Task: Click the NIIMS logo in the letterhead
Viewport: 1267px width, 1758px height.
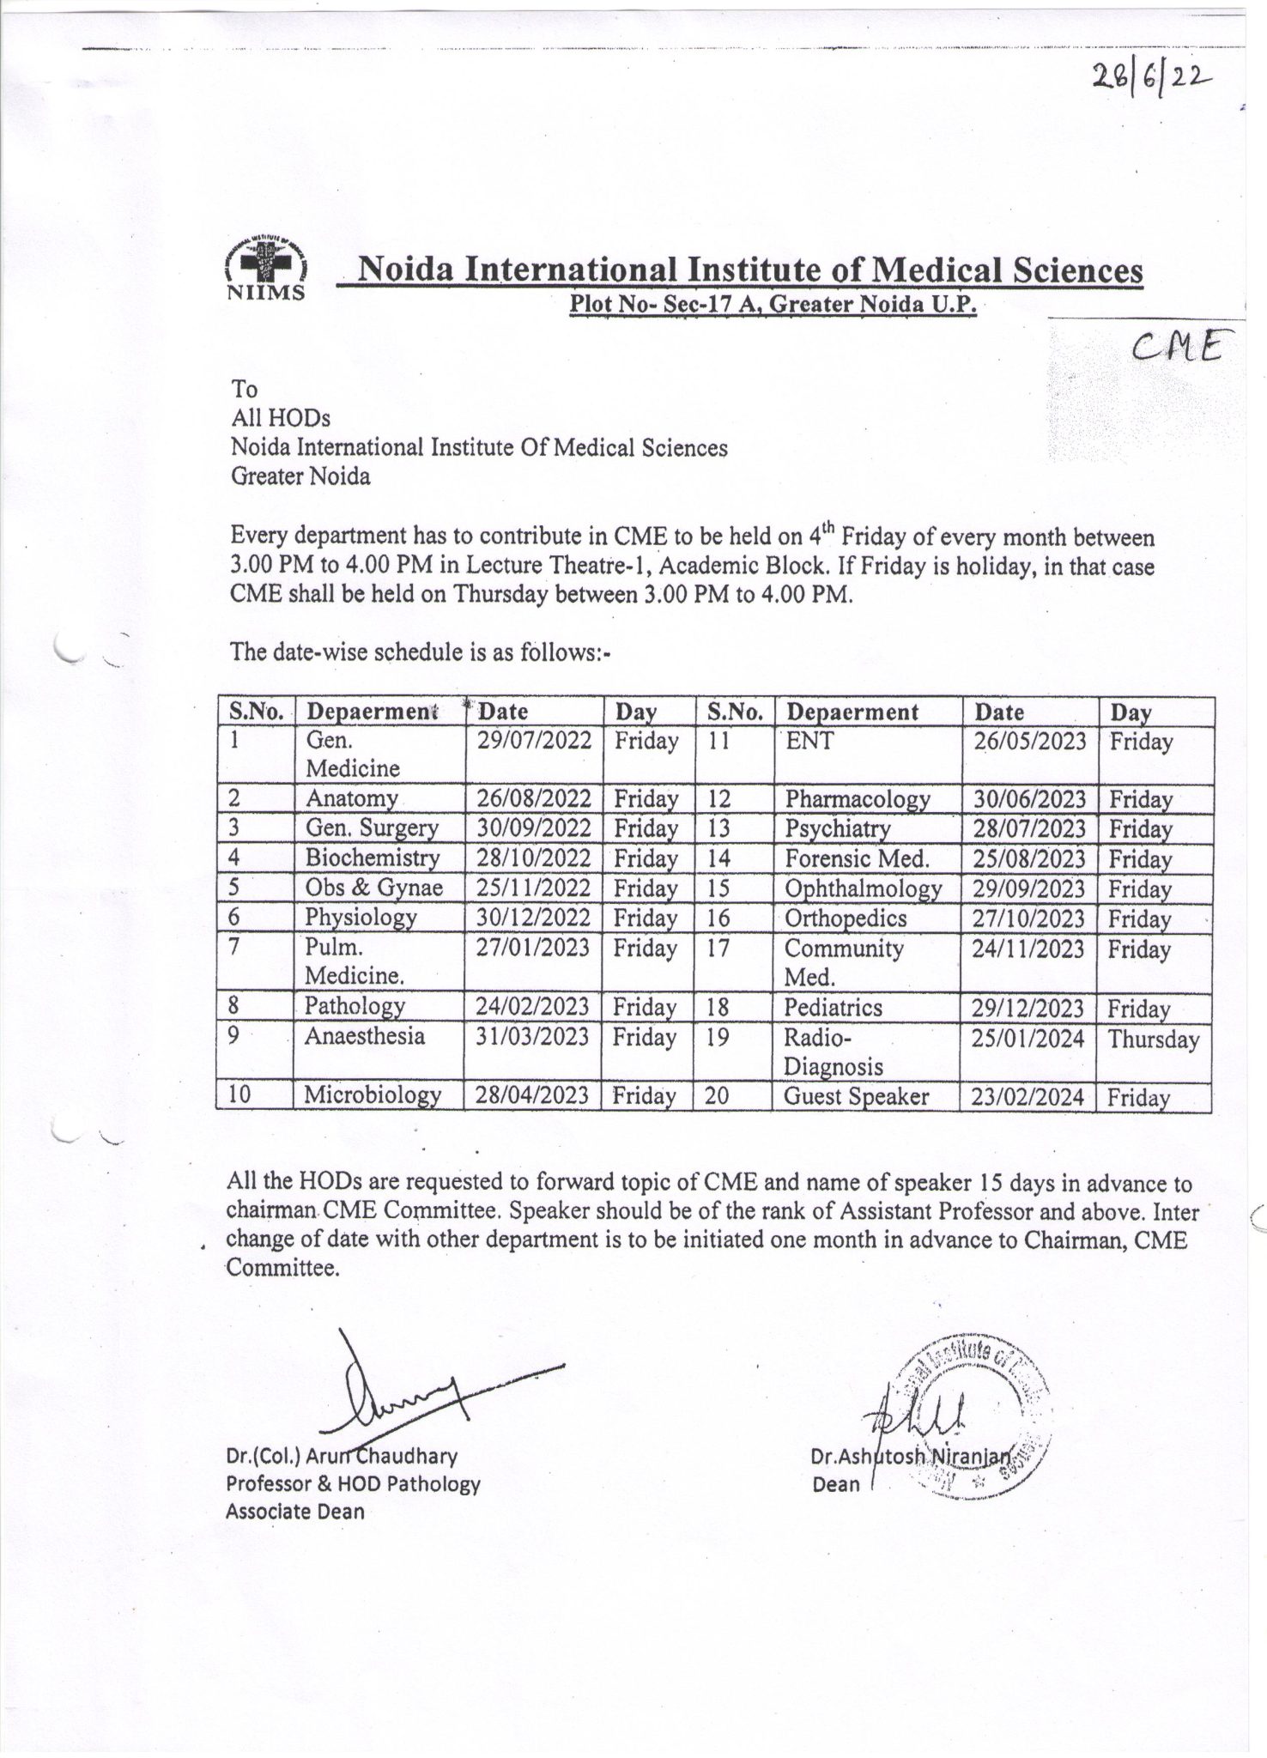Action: tap(264, 267)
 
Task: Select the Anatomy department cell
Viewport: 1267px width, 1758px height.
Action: tap(351, 798)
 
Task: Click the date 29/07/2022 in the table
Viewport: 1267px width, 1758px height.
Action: tap(534, 741)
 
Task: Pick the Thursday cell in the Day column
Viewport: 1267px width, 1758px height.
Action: tap(1153, 1040)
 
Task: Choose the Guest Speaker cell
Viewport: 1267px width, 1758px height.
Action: tap(856, 1096)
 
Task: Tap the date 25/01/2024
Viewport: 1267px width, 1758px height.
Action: tap(1028, 1039)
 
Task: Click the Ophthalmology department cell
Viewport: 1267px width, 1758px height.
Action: tap(863, 888)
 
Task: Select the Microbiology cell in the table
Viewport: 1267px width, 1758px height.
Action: tap(373, 1094)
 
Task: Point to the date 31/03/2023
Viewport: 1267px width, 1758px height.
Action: tap(532, 1037)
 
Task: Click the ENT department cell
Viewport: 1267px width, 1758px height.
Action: tap(809, 740)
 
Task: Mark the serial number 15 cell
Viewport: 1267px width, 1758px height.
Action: tap(718, 888)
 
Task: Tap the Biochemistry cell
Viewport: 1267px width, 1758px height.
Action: tap(372, 858)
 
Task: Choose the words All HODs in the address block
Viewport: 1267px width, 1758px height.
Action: tap(280, 418)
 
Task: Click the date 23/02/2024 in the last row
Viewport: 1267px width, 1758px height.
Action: tap(1028, 1097)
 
